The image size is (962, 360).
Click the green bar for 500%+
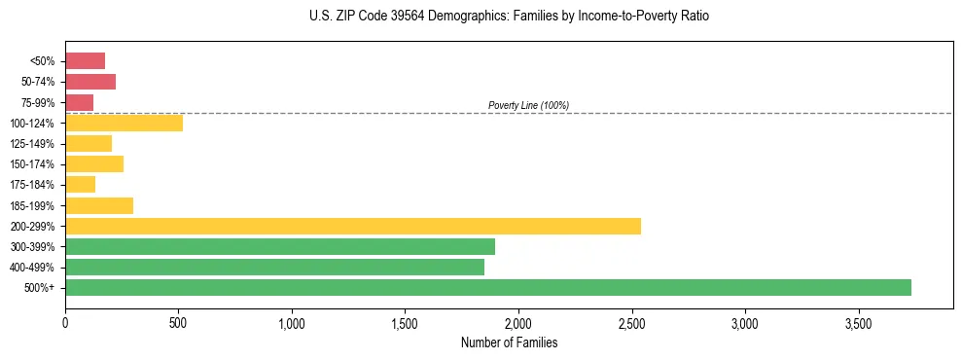click(x=487, y=287)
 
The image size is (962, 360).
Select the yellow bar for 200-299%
click(x=352, y=226)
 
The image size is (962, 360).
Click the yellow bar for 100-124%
click(x=124, y=123)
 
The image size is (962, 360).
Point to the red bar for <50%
click(x=85, y=60)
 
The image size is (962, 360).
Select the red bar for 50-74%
click(x=90, y=82)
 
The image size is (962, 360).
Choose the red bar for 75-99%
click(x=79, y=102)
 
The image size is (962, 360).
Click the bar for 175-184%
click(x=80, y=184)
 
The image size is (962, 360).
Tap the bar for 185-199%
click(x=98, y=205)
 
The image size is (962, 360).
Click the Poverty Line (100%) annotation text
click(x=528, y=105)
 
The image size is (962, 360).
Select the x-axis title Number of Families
click(x=509, y=342)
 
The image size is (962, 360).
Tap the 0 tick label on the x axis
click(x=65, y=322)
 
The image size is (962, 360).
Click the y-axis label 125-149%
click(x=32, y=144)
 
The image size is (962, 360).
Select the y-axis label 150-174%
click(x=32, y=164)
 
